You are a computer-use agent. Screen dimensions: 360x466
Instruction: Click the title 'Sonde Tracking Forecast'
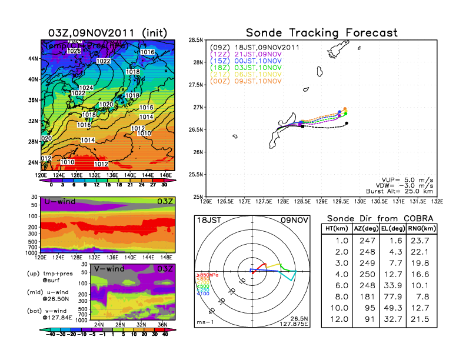click(x=321, y=32)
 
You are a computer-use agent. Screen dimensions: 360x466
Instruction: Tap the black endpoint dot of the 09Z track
click(x=347, y=123)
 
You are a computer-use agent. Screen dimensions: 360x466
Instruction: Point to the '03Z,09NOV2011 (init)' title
click(x=109, y=32)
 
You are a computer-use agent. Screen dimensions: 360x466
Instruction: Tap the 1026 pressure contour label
click(x=74, y=51)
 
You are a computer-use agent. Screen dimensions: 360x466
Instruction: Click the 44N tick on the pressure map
click(x=33, y=59)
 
